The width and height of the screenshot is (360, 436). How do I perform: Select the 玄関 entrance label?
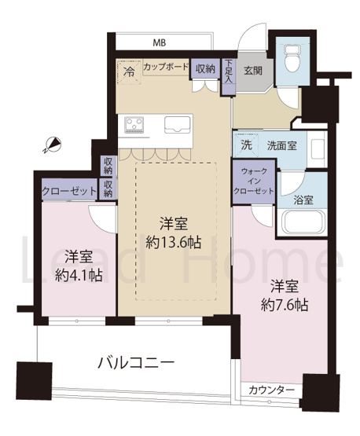click(x=253, y=69)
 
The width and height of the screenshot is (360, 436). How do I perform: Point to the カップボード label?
click(x=166, y=68)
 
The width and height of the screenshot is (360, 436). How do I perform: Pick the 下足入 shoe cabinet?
click(x=228, y=72)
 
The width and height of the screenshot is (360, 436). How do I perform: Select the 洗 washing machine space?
click(x=246, y=145)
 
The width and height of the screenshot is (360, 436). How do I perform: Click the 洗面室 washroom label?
click(x=281, y=145)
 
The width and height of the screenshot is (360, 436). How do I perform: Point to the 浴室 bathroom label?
click(x=303, y=199)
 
